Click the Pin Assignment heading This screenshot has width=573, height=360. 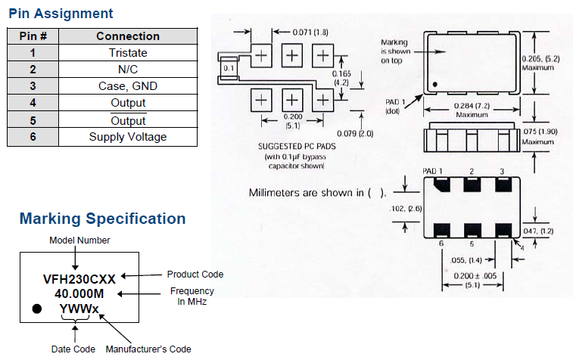click(x=61, y=14)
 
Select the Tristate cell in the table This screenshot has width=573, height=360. click(x=128, y=53)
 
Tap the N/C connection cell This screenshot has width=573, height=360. click(x=128, y=70)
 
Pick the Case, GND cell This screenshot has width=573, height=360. click(x=128, y=86)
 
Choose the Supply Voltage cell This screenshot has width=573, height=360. click(x=128, y=137)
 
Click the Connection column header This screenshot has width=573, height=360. click(x=128, y=36)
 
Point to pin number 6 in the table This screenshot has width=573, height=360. click(x=33, y=137)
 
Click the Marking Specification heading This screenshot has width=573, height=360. click(x=102, y=219)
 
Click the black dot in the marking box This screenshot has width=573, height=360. click(x=37, y=309)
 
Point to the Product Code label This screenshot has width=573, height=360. click(x=195, y=274)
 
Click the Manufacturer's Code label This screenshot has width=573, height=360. click(x=148, y=349)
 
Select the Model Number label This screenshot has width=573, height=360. click(x=79, y=240)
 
